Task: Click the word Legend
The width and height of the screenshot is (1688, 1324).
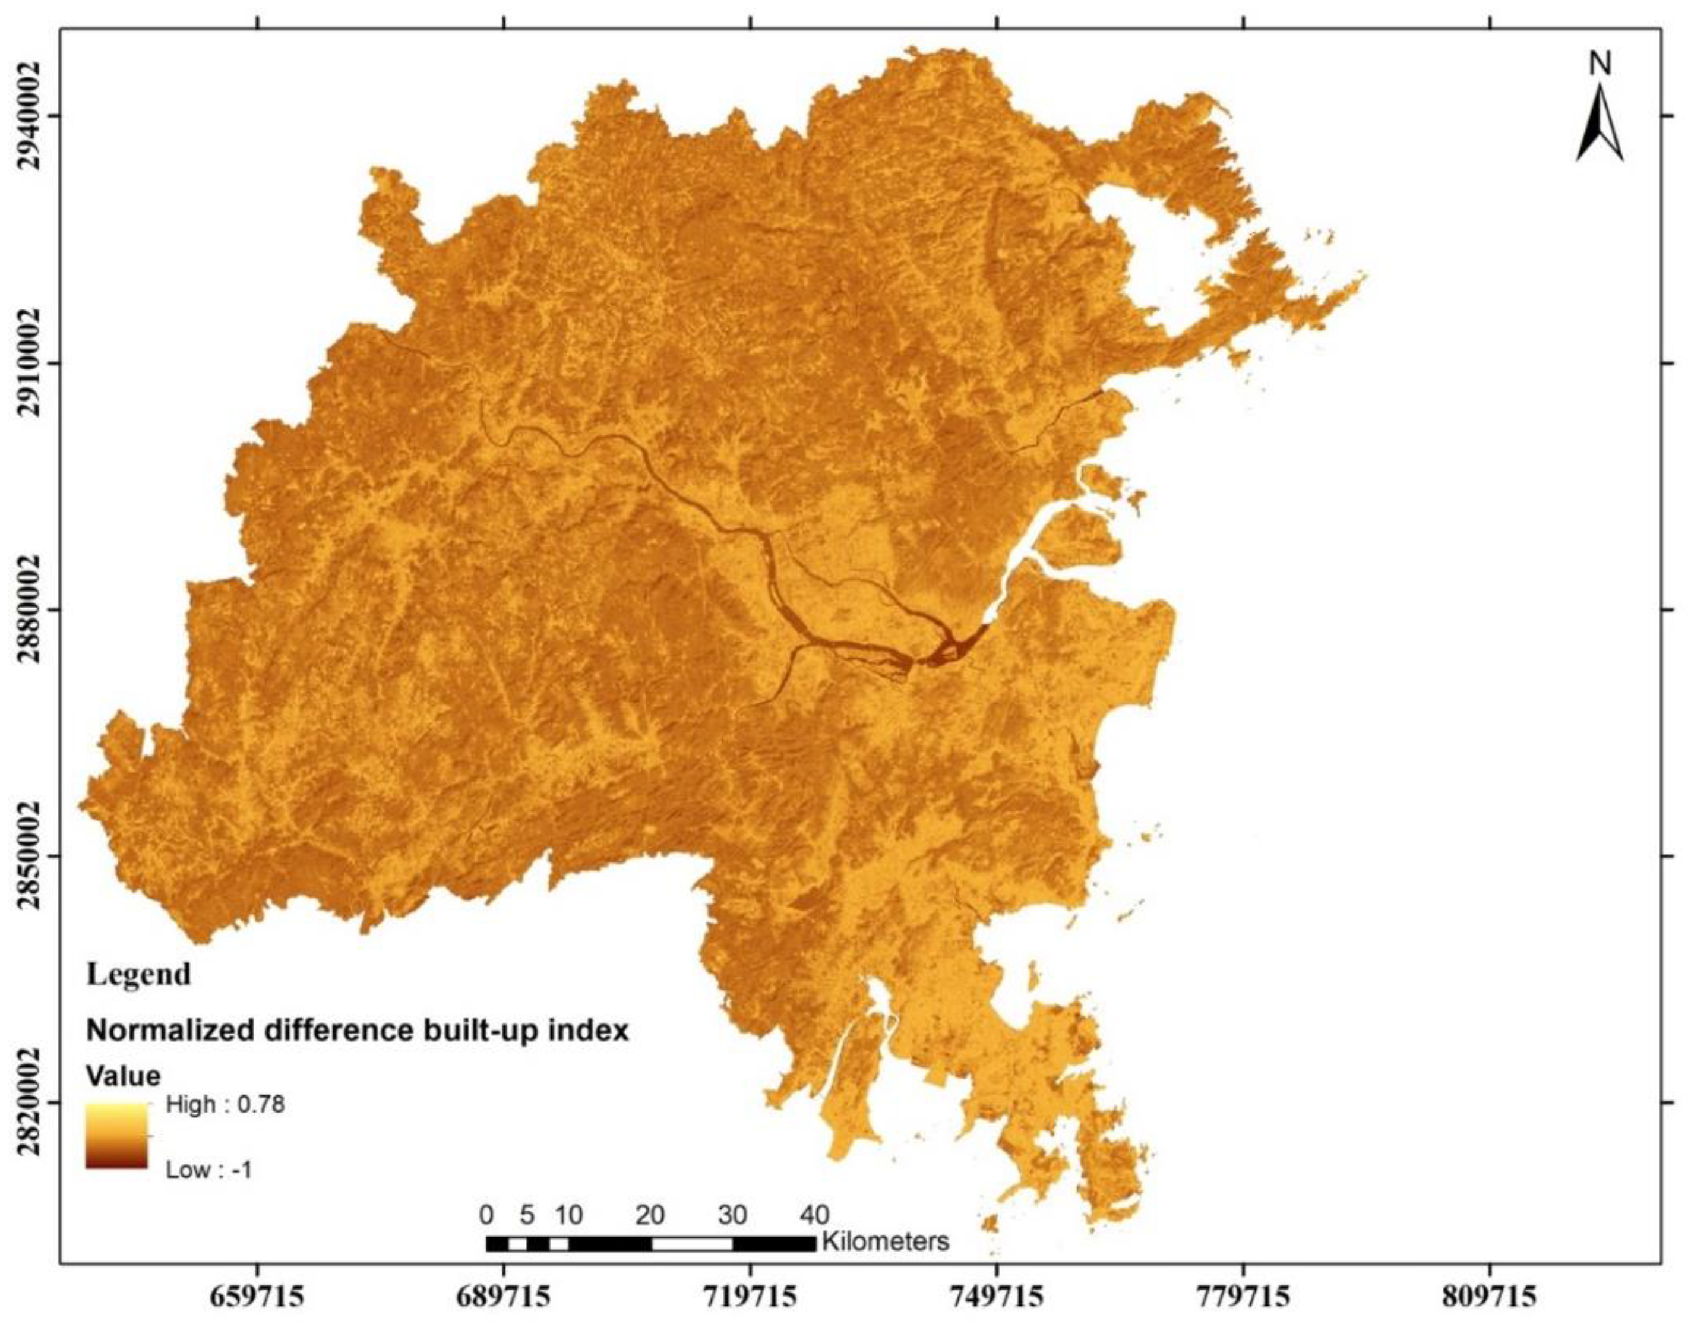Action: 139,974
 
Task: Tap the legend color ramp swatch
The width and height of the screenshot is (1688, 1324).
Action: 116,1135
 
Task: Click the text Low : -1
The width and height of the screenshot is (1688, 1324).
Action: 209,1169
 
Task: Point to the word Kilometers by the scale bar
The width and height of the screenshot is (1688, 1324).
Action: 885,1241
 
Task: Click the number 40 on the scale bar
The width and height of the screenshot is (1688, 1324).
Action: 813,1215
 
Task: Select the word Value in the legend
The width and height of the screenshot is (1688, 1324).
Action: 123,1075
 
